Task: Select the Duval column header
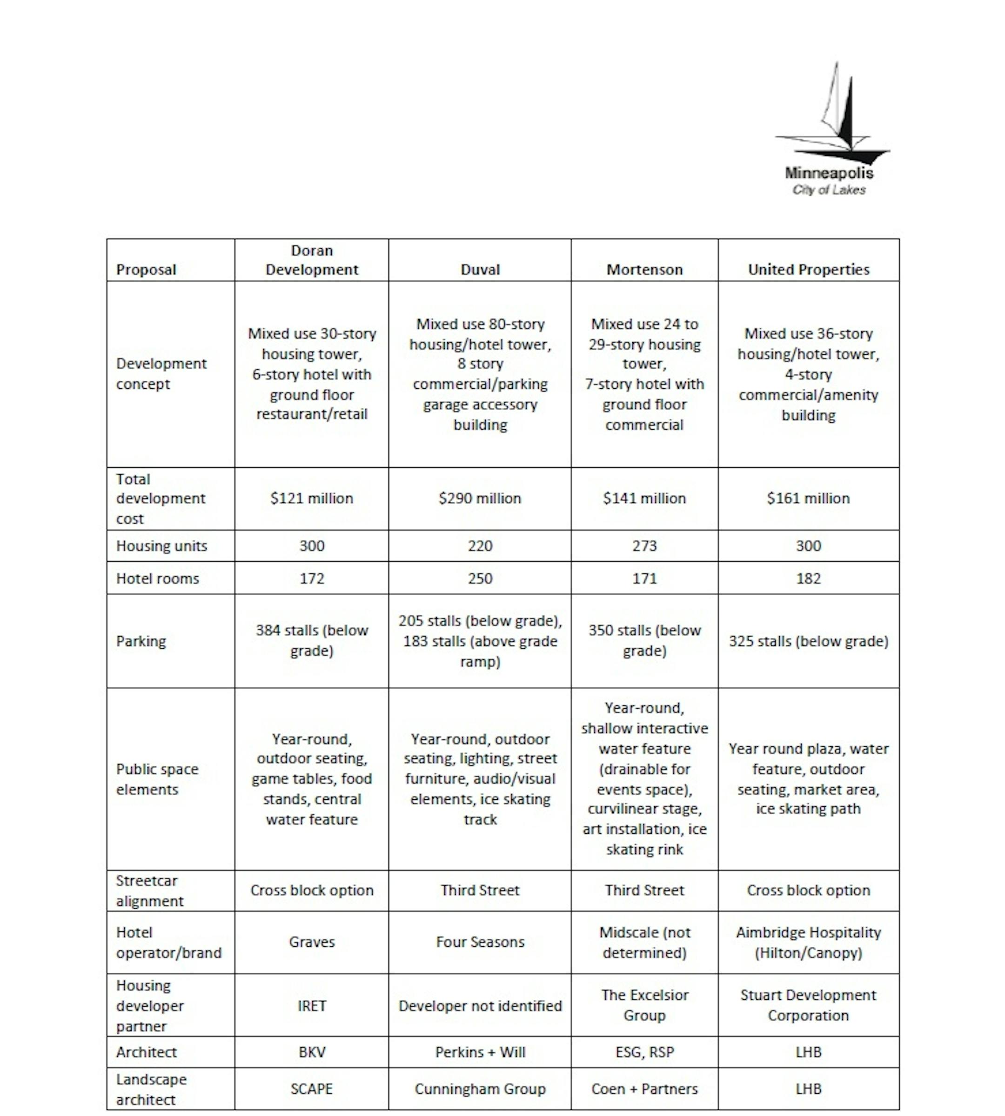480,269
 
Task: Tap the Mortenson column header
644,269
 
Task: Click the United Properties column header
808,269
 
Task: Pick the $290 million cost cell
480,498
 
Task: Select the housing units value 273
644,546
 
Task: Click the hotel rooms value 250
480,578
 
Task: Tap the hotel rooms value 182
808,578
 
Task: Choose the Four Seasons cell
480,942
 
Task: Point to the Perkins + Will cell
480,1052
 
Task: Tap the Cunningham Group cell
480,1089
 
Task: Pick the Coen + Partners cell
644,1089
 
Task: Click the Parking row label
141,641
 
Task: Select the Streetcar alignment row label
149,891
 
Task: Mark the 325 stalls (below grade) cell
808,641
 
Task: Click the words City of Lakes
829,190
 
